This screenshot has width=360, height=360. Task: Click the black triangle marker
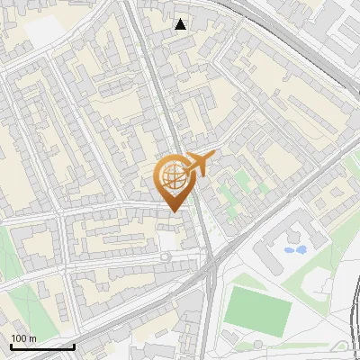click(x=181, y=24)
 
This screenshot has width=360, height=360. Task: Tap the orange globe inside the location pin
click(x=173, y=177)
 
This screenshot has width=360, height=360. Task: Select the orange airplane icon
click(x=201, y=165)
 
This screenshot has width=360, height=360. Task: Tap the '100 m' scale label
click(x=23, y=338)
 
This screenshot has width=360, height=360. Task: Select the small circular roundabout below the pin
click(x=165, y=256)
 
